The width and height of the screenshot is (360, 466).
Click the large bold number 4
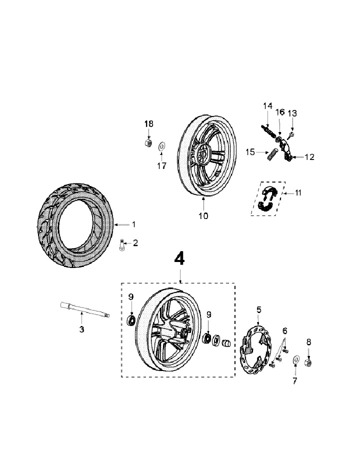click(x=179, y=258)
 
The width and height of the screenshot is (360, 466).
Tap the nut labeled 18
click(x=148, y=143)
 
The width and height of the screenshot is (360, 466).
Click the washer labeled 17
click(x=162, y=146)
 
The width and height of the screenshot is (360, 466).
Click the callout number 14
click(x=267, y=105)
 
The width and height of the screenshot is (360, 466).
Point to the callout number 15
click(x=250, y=151)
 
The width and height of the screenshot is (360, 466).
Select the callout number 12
click(x=309, y=157)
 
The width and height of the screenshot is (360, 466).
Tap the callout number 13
click(x=292, y=113)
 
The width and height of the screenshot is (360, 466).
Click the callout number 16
click(x=280, y=111)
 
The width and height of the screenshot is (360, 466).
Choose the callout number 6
click(x=284, y=330)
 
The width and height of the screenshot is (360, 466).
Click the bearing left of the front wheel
click(x=132, y=319)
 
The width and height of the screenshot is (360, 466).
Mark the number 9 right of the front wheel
click(x=209, y=314)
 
